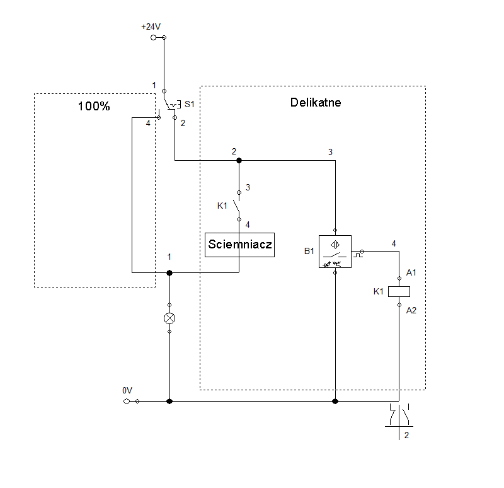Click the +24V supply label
151,26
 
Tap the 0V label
127,390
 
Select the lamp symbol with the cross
169,318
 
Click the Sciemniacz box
240,245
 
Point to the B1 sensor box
335,252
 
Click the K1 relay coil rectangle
399,291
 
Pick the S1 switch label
190,104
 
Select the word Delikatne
316,102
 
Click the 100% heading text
94,106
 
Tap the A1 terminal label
411,273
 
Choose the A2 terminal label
411,310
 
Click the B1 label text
309,251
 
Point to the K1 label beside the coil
379,291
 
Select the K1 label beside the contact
222,206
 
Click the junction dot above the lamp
169,273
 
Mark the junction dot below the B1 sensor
335,401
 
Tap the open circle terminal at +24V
153,38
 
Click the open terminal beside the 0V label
127,402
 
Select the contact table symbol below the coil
399,421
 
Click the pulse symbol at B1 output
358,255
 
